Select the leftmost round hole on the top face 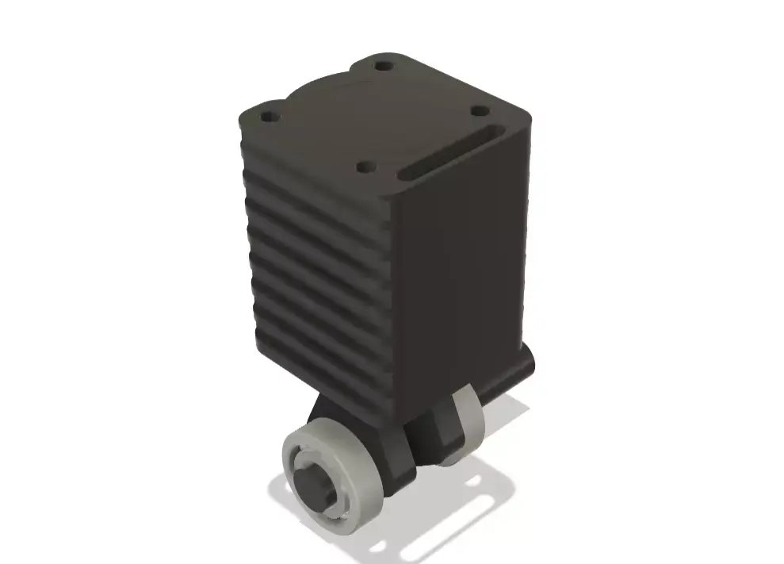[270, 117]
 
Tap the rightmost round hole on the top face [478, 113]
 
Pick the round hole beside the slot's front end [365, 167]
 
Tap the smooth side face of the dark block [464, 270]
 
